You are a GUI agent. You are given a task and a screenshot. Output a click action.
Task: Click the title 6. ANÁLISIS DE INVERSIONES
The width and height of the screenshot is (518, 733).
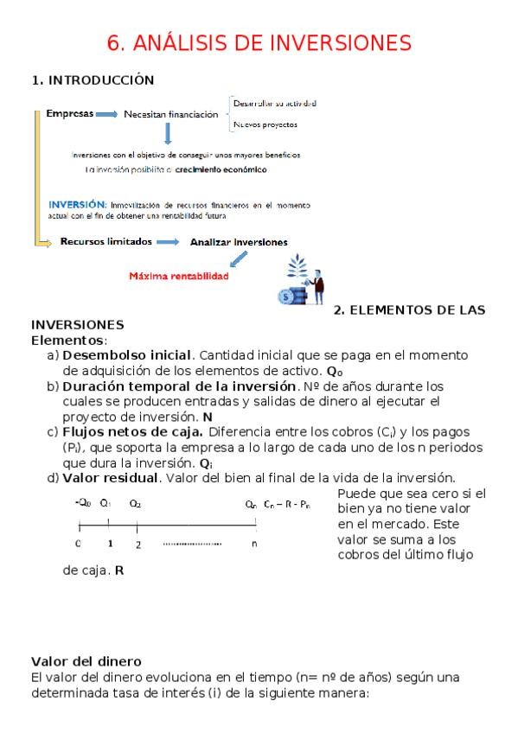pyautogui.click(x=259, y=42)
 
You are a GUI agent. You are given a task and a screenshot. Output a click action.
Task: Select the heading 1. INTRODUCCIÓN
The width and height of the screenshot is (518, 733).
pyautogui.click(x=93, y=80)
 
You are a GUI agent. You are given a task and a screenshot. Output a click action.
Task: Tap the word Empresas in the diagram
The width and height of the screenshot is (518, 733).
pyautogui.click(x=68, y=113)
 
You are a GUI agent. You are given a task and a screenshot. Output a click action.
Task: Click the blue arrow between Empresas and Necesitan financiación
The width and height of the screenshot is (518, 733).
pyautogui.click(x=106, y=113)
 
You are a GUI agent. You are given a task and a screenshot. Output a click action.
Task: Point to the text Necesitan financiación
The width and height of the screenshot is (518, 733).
pyautogui.click(x=170, y=114)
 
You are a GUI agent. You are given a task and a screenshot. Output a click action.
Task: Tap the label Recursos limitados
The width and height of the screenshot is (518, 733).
pyautogui.click(x=106, y=242)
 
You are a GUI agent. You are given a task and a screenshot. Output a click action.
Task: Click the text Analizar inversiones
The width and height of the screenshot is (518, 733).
pyautogui.click(x=239, y=242)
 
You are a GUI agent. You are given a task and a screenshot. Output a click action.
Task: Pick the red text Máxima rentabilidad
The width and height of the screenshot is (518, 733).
pyautogui.click(x=179, y=277)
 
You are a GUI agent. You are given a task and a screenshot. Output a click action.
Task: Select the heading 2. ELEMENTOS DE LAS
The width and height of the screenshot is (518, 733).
pyautogui.click(x=410, y=309)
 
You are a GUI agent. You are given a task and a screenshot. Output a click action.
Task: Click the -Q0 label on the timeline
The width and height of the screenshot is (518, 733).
pyautogui.click(x=83, y=502)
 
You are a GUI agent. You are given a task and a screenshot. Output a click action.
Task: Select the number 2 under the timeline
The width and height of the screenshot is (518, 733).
pyautogui.click(x=138, y=545)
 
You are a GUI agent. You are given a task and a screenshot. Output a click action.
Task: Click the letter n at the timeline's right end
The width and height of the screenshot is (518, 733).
pyautogui.click(x=253, y=544)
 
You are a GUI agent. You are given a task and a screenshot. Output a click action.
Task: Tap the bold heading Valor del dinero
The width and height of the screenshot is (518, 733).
pyautogui.click(x=86, y=661)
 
